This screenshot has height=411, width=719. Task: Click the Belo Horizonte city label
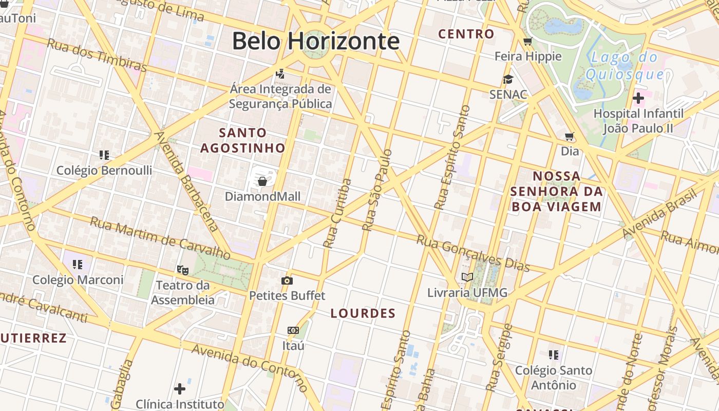[315, 41]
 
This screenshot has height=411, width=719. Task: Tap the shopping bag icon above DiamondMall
[262, 181]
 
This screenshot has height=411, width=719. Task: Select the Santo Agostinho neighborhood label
[242, 140]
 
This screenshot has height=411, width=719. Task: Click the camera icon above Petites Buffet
[287, 281]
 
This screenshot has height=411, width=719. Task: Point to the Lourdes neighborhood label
[363, 313]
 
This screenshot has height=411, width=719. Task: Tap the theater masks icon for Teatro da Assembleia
[182, 269]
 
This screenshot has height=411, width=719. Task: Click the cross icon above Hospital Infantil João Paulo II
[638, 98]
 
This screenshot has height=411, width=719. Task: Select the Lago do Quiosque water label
[625, 66]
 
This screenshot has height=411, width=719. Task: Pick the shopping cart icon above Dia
[569, 136]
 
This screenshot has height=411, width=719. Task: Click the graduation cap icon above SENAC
[508, 79]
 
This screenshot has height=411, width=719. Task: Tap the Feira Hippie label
[528, 56]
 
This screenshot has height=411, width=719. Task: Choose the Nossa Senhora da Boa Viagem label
[556, 192]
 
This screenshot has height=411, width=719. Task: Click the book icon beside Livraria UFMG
[467, 277]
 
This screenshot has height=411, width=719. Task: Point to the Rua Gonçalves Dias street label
[472, 253]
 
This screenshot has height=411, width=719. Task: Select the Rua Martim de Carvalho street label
[160, 238]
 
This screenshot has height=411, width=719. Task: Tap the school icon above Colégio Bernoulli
[104, 155]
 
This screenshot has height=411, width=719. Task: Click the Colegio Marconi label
[78, 280]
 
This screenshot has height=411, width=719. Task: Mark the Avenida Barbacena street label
[187, 181]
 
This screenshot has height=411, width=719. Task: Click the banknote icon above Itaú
[293, 330]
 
